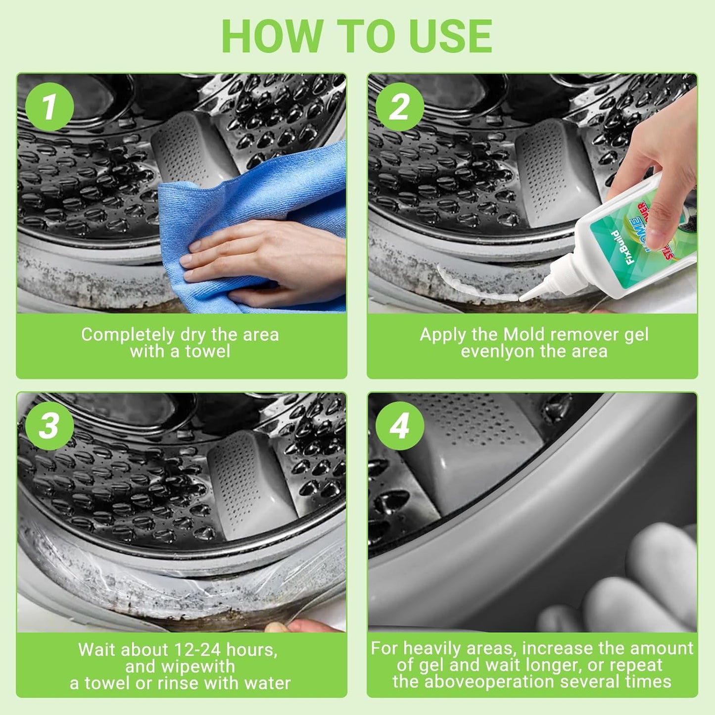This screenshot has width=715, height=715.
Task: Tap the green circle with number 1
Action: pos(49,106)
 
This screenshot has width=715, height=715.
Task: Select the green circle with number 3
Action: pos(49,425)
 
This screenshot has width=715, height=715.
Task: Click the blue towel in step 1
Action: pos(277,198)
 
